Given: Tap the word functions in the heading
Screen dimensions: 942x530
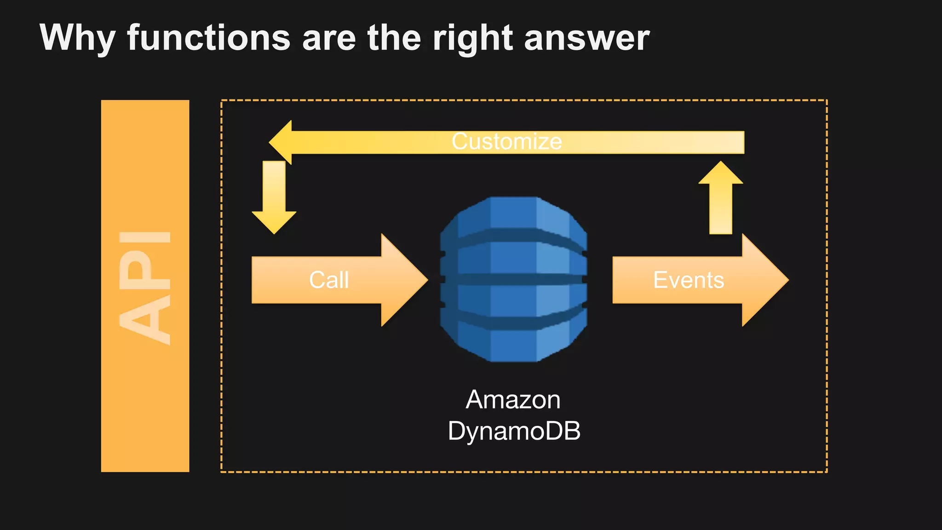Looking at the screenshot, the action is [x=209, y=38].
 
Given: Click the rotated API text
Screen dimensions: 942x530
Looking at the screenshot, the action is [x=145, y=288].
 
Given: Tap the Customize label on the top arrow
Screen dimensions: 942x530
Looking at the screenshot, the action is [x=506, y=141].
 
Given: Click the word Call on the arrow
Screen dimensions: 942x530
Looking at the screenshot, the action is [x=329, y=280].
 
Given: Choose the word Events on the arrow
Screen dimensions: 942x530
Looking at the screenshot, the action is [x=689, y=280].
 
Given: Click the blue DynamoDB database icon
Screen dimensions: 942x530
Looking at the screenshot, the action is [x=513, y=279].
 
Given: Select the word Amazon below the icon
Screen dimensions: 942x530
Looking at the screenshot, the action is [x=513, y=399].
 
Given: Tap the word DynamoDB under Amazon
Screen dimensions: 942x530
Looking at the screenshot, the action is [x=514, y=431].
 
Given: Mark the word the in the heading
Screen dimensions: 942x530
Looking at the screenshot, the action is [x=394, y=38].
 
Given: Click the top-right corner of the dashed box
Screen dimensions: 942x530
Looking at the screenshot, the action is [x=827, y=100].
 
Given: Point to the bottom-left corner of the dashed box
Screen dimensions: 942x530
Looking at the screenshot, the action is [x=222, y=472].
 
